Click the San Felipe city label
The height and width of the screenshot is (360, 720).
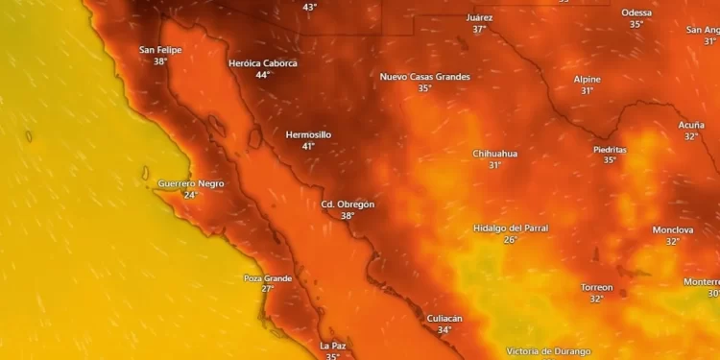coord(160,50)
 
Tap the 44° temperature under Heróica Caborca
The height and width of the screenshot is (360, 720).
coord(262,75)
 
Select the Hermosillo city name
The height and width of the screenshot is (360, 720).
coord(308,134)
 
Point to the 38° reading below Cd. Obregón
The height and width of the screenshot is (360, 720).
coord(348,216)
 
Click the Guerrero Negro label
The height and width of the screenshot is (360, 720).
coord(191,183)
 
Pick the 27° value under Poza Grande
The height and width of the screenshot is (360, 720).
coord(267,289)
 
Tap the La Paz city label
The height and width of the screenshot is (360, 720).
coord(332,346)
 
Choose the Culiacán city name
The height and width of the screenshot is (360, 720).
coord(444,318)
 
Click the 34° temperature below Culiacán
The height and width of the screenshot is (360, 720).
coord(444,330)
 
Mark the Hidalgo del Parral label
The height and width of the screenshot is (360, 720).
coord(510,228)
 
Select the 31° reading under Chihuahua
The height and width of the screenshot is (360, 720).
coord(494,165)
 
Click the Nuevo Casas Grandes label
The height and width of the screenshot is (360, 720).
coord(424,76)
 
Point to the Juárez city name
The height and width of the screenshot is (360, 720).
coord(479,17)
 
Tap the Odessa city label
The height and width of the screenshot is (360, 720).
coord(636,12)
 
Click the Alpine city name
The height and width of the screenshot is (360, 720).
coord(588,79)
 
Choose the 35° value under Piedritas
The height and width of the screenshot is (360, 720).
coord(610,160)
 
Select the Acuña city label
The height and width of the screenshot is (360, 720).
coord(691,125)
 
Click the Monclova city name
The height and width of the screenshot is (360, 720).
coord(673,230)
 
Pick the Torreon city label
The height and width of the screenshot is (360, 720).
coord(596,287)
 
